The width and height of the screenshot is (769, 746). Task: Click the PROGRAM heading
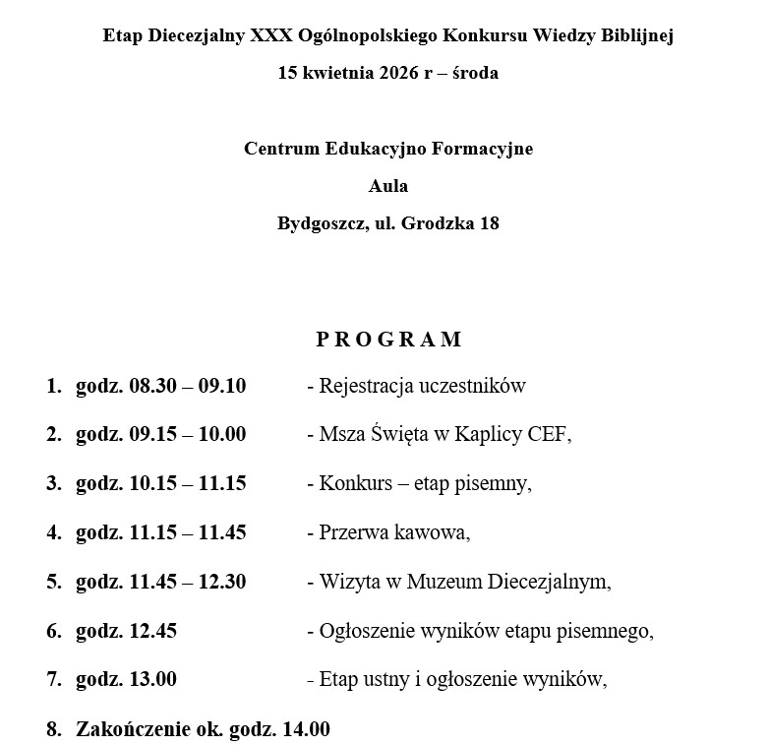tap(388, 340)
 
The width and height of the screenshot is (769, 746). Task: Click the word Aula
tap(388, 186)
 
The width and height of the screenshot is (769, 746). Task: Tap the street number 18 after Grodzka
tap(489, 223)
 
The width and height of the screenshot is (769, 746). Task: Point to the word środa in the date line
tap(474, 73)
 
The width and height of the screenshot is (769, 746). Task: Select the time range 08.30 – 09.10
tap(187, 386)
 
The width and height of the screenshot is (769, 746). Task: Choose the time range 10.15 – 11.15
tap(187, 484)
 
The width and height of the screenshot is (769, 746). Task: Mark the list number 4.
tap(52, 533)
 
